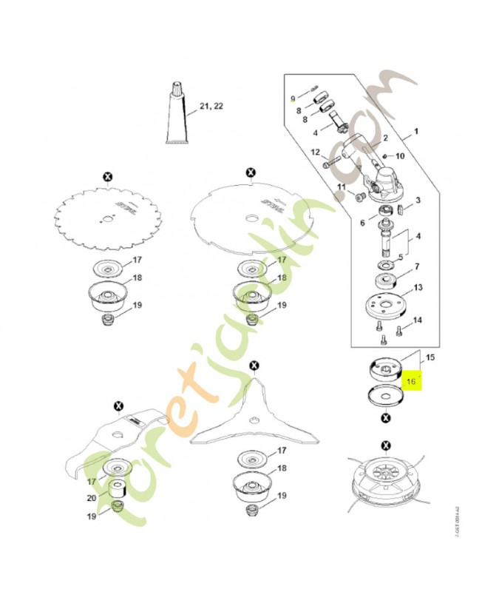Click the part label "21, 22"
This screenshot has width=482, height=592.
tap(211, 107)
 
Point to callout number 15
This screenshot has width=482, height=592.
tap(430, 357)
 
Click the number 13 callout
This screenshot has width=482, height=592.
tap(418, 288)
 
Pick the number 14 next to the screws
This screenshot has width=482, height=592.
tap(418, 320)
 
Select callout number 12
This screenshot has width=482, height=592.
tap(314, 152)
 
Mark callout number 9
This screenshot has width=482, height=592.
tap(293, 98)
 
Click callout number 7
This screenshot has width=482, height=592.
tap(417, 266)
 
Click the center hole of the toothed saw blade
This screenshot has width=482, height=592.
tap(108, 218)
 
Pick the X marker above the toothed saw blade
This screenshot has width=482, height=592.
tap(108, 176)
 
